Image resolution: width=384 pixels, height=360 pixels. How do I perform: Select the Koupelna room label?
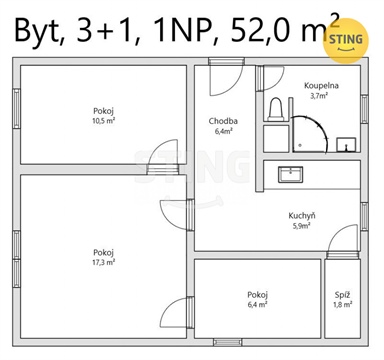pos(321,86)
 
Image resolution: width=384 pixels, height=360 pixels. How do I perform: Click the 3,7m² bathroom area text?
pos(320,97)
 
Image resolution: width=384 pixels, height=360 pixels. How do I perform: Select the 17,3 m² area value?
pos(103,262)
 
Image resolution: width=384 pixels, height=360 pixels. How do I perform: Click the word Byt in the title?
pos(39,32)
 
